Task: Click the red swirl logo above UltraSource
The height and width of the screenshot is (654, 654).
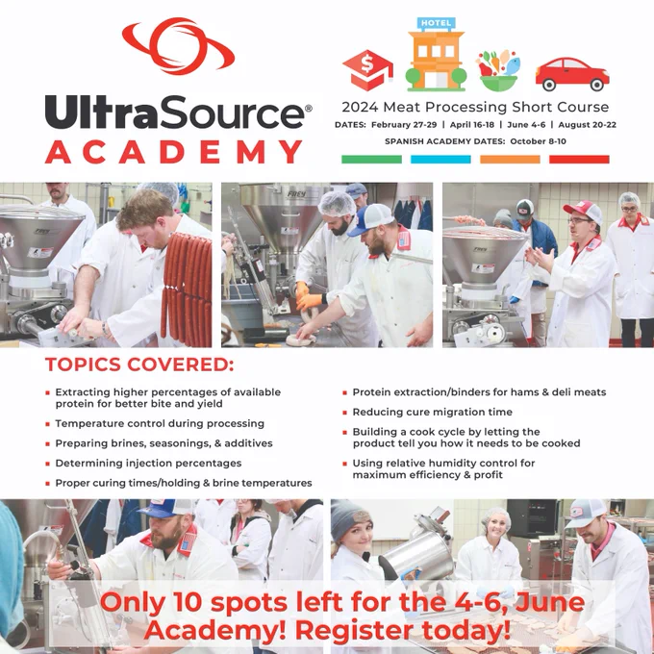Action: tap(179, 46)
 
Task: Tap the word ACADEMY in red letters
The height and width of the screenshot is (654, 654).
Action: tap(173, 152)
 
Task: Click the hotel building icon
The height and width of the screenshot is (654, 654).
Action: tap(437, 54)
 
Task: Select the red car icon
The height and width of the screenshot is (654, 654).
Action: tap(572, 74)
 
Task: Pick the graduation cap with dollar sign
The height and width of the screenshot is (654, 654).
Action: tap(367, 70)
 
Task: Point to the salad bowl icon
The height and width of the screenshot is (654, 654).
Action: tap(499, 71)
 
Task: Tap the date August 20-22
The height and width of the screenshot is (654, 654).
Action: tap(588, 125)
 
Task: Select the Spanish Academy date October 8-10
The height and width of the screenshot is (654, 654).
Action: tap(538, 141)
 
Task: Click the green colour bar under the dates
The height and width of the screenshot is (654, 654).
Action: tap(371, 160)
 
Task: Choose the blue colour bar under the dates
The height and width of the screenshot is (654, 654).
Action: tap(440, 160)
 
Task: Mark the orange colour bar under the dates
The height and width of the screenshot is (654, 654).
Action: tap(510, 160)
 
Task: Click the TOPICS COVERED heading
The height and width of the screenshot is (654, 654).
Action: tap(139, 365)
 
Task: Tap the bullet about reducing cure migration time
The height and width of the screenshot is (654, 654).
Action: tap(433, 412)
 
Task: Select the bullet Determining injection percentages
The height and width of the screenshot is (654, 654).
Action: tap(148, 464)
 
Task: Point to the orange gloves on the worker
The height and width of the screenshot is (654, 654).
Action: tap(309, 295)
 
